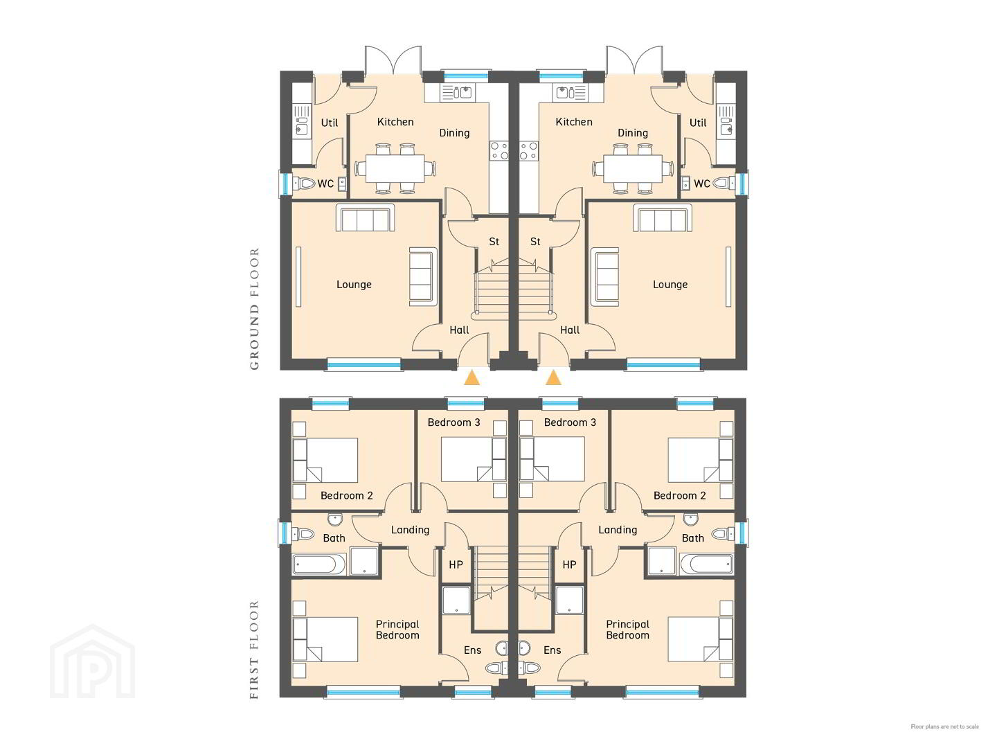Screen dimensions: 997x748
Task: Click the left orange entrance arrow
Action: pyautogui.click(x=471, y=378)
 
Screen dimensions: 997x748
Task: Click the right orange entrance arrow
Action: pyautogui.click(x=553, y=378)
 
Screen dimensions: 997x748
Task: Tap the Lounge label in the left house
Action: pyautogui.click(x=354, y=285)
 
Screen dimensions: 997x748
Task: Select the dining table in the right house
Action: pyautogui.click(x=633, y=168)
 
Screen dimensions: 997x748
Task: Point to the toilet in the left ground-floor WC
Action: pyautogui.click(x=304, y=184)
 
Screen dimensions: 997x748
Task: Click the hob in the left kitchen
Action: pyautogui.click(x=498, y=150)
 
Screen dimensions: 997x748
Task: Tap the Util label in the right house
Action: pyautogui.click(x=698, y=123)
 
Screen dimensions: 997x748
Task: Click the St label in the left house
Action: pyautogui.click(x=494, y=242)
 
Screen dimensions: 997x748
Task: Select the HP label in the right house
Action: pyautogui.click(x=569, y=564)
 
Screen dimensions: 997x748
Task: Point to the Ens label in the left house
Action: pyautogui.click(x=472, y=650)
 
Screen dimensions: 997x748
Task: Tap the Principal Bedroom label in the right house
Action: pyautogui.click(x=628, y=630)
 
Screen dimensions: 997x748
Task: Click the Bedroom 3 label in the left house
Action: pyautogui.click(x=453, y=422)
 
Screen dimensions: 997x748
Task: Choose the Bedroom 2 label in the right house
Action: pyautogui.click(x=679, y=495)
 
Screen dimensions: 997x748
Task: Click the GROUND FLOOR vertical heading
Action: pyautogui.click(x=254, y=309)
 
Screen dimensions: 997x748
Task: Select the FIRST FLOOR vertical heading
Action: pyautogui.click(x=254, y=650)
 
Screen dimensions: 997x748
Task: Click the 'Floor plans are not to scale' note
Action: pyautogui.click(x=945, y=727)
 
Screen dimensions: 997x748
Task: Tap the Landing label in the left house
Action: pyautogui.click(x=410, y=530)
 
